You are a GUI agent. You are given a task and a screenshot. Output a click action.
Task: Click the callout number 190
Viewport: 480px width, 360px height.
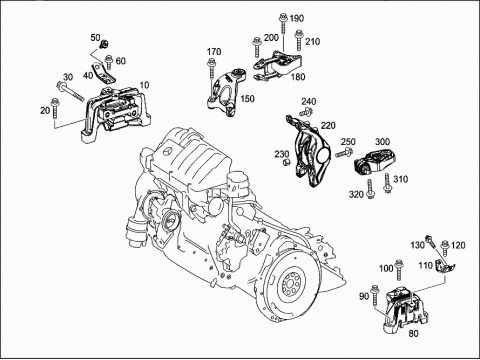coord(296,18)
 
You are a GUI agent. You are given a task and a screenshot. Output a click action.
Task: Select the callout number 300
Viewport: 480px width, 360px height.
coord(382,142)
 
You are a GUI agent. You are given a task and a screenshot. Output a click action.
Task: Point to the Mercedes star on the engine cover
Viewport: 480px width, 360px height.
coord(167,152)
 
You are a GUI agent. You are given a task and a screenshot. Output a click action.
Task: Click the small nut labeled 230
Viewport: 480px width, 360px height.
coord(286,162)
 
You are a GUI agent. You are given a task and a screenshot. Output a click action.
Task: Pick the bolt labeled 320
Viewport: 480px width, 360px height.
coord(370,189)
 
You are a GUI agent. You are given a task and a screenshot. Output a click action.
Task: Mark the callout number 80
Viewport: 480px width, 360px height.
coord(413,333)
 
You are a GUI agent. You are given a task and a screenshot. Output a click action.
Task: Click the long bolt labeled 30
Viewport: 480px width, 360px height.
coord(70,90)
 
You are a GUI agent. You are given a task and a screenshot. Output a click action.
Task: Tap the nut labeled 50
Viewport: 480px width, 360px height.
coord(105,43)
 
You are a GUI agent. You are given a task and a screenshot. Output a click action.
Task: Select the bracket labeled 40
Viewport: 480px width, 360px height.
coord(102,73)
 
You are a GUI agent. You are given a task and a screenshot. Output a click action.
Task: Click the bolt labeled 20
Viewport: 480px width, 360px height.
coord(55,108)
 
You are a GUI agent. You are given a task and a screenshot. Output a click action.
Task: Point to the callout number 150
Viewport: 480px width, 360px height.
coord(247,99)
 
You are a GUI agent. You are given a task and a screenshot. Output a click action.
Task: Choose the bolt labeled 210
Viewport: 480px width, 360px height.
coord(298,41)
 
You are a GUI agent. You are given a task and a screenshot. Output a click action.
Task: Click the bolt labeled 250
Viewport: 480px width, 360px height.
coord(344,153)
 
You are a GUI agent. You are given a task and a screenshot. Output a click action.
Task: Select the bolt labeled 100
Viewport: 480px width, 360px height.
coord(398,270)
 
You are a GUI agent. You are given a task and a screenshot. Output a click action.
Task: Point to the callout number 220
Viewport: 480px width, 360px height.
coord(328,126)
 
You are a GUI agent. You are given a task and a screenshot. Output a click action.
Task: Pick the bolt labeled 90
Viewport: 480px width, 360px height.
coord(375,295)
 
